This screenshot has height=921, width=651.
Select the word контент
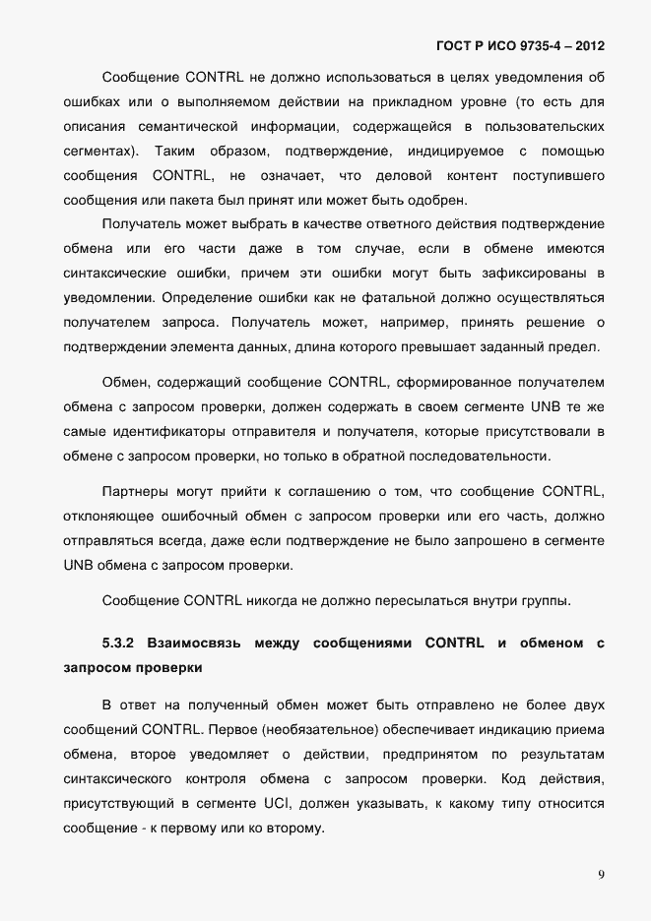tap(472, 176)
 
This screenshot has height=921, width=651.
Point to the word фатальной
tap(338, 297)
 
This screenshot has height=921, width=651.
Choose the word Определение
tap(202, 297)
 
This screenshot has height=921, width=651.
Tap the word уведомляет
tap(227, 755)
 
